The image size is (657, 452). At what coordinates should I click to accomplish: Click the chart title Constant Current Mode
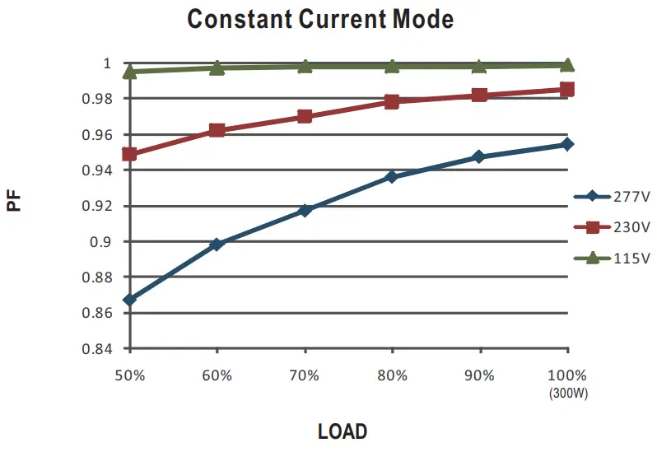coord(320,18)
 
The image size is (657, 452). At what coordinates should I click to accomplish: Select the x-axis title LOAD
coord(342,431)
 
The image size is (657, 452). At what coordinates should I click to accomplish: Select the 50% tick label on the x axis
coord(129,375)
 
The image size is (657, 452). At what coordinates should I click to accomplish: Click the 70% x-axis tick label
coord(305,375)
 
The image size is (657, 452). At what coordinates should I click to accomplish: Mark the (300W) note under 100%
coord(567,393)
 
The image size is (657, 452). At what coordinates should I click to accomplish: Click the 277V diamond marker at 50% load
coord(129,300)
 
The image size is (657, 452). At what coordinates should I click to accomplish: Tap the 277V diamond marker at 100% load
coord(567,144)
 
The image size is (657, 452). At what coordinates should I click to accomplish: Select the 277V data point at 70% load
coord(305,211)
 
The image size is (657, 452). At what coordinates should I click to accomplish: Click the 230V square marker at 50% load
coord(129,154)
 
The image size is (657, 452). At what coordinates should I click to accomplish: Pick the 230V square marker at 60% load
coord(217,130)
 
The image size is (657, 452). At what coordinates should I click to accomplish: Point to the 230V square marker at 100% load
coord(567,89)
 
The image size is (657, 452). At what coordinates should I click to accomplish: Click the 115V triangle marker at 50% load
coord(129,72)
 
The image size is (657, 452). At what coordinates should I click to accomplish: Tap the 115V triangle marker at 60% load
coord(217,68)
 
